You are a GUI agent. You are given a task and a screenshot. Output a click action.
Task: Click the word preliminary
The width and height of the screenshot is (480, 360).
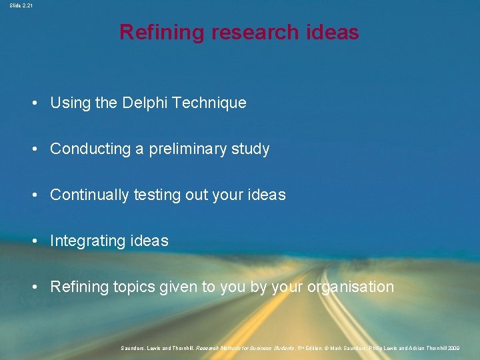coord(188,149)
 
